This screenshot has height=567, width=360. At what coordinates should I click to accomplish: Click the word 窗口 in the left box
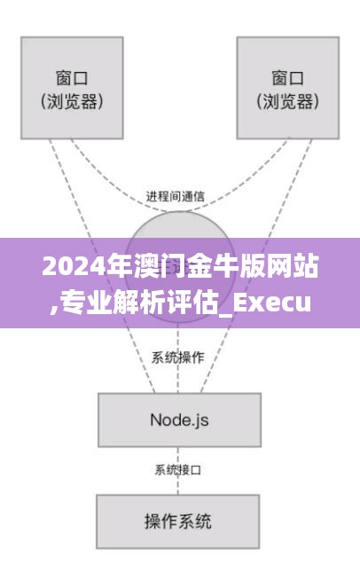click(72, 78)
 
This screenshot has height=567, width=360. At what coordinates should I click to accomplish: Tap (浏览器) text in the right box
click(287, 101)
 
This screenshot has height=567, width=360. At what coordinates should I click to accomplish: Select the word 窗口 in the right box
click(287, 78)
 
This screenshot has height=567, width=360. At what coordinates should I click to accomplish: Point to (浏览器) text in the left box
click(72, 101)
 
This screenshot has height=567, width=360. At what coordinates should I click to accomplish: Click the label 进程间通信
click(176, 196)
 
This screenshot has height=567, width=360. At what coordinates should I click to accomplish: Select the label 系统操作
click(178, 358)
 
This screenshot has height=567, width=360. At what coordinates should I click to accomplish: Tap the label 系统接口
click(178, 470)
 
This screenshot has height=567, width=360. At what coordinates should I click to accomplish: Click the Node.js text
click(179, 421)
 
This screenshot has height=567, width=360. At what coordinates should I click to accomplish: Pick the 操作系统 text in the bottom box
click(178, 521)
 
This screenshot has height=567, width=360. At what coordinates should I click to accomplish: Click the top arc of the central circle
click(179, 212)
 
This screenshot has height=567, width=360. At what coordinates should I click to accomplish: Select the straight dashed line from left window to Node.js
click(102, 266)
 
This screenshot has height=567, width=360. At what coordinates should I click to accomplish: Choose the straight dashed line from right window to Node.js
click(256, 266)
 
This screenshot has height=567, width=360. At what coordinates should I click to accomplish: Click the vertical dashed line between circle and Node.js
click(178, 358)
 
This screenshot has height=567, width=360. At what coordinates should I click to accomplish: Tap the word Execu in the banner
click(271, 303)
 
